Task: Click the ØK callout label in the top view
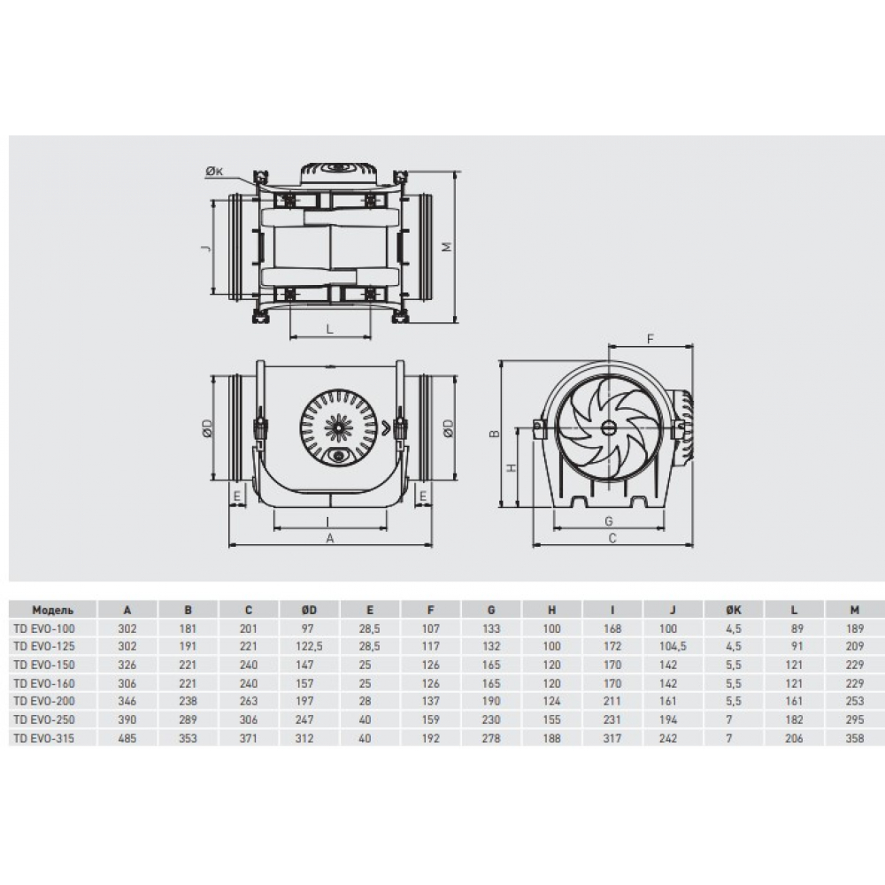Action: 214,172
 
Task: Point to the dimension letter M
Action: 447,247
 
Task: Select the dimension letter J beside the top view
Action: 206,248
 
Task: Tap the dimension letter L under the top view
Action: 330,328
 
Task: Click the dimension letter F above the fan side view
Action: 650,339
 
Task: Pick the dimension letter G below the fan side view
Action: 609,521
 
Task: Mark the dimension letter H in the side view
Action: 512,468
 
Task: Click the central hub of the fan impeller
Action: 609,427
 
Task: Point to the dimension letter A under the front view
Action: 330,538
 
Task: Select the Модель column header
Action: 52,610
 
